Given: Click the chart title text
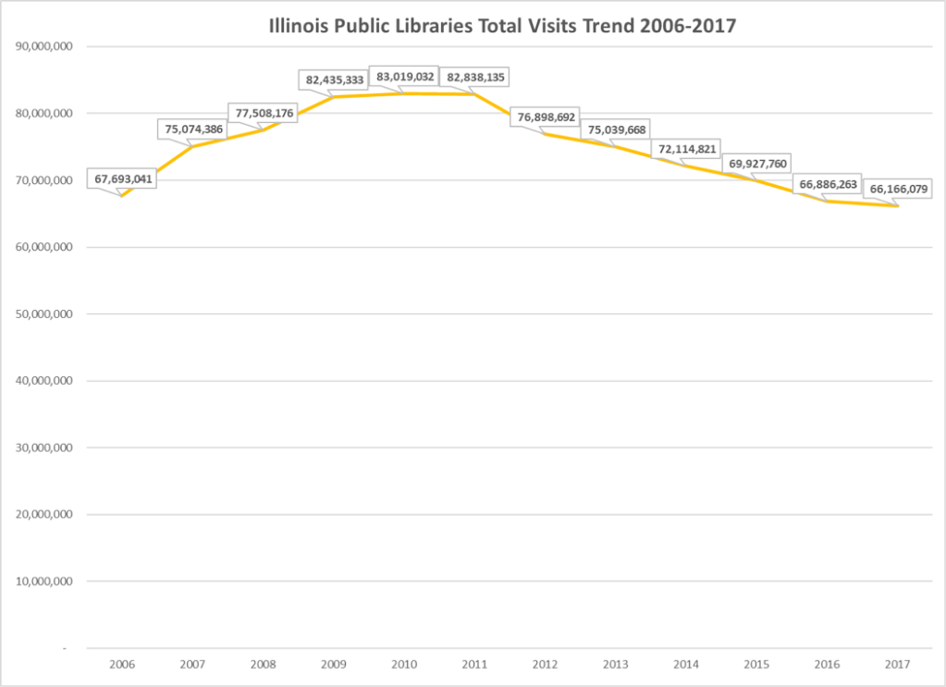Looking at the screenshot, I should [501, 26].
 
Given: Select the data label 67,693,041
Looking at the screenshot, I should [122, 178].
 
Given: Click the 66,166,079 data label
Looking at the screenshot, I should [897, 189].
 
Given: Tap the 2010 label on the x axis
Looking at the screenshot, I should [403, 664].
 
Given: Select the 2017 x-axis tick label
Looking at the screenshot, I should [897, 664].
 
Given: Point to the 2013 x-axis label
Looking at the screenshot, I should [615, 664].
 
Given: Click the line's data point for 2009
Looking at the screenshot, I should [333, 97].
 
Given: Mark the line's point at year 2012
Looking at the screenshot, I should [545, 134].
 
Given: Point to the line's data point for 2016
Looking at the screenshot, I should [827, 201].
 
